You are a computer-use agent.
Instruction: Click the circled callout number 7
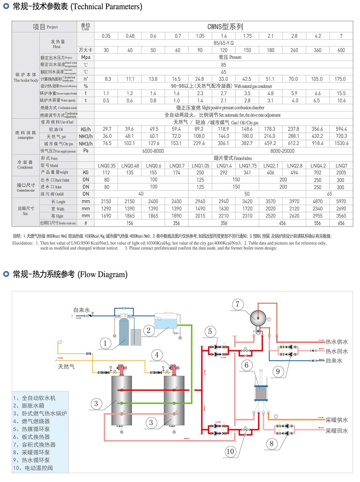click(x=237, y=304)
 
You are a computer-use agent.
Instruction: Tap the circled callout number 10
click(x=230, y=452)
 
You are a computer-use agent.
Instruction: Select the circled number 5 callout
click(x=210, y=331)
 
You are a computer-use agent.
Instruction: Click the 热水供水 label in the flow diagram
click(x=337, y=342)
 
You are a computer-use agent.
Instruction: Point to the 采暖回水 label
click(x=337, y=431)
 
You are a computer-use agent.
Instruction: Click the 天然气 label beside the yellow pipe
click(x=66, y=367)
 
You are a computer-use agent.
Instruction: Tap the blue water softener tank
click(x=124, y=331)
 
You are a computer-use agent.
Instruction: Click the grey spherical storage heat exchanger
click(x=258, y=317)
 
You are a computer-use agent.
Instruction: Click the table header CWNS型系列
click(x=225, y=27)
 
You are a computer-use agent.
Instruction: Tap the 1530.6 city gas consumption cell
click(x=341, y=143)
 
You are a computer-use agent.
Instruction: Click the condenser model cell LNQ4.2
click(x=318, y=166)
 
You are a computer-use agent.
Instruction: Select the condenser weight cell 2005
click(x=341, y=173)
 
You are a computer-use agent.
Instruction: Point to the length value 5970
click(x=341, y=201)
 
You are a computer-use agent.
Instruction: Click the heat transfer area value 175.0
click(x=340, y=79)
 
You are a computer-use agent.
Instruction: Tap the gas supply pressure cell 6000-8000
click(x=153, y=151)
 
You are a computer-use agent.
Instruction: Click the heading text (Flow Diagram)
click(x=102, y=275)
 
